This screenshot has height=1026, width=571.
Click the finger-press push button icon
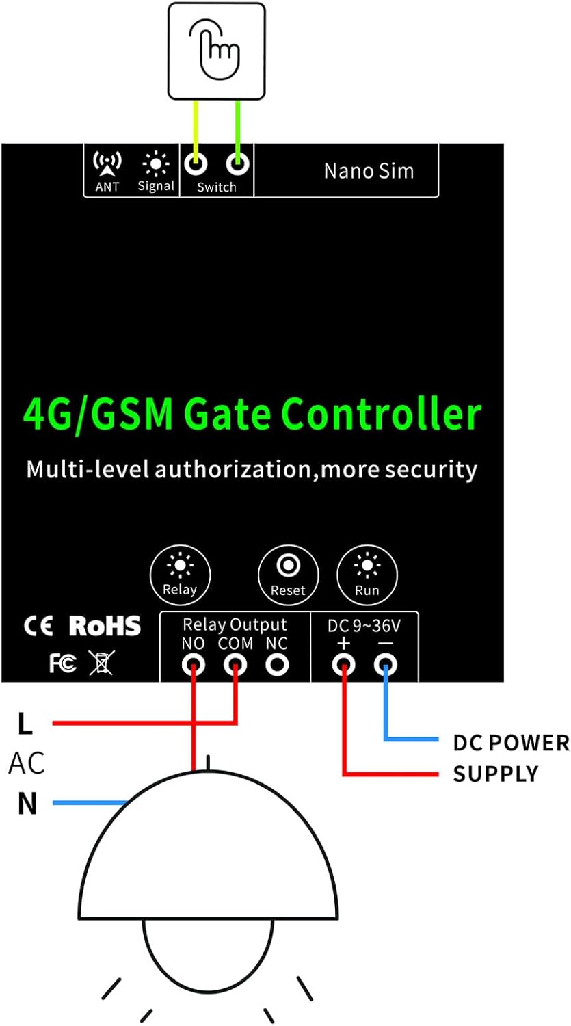coord(216,50)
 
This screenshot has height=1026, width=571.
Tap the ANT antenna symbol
coord(107,163)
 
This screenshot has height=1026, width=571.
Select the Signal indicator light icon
coord(156,163)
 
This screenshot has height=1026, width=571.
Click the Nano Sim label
coord(369,170)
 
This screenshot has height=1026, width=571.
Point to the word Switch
coord(216,187)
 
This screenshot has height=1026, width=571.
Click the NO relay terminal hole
coord(194,664)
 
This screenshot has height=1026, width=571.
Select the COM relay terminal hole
coord(236,664)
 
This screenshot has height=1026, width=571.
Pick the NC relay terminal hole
coord(277,664)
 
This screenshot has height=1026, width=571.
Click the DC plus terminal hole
coord(343,664)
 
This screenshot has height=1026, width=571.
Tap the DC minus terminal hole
coord(386,664)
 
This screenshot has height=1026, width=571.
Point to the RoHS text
coord(105,626)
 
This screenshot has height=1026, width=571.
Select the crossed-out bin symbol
coord(102,662)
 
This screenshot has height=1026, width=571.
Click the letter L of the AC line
coord(25,724)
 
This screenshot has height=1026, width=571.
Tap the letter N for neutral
coord(27,804)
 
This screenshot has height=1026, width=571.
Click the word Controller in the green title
coord(382,414)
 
